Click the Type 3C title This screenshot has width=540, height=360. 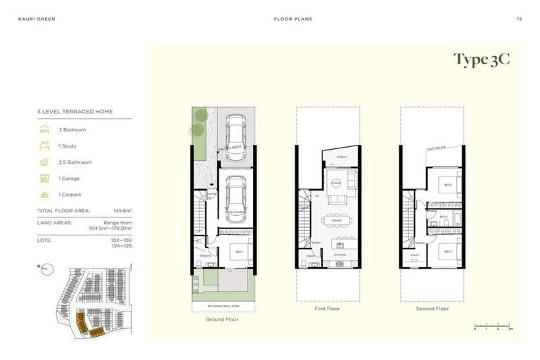point(481,60)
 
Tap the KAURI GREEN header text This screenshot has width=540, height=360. point(37,19)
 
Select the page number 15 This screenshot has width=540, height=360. point(519,19)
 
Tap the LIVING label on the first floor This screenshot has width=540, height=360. point(336,183)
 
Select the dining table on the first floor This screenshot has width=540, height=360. point(337,220)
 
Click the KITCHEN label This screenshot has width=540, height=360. point(337,254)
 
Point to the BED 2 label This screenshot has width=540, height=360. point(448,184)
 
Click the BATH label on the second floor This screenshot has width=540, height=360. point(444,216)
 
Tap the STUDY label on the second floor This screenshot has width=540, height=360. point(415,255)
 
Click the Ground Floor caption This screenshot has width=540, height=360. point(222,319)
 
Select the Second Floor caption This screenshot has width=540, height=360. point(432,309)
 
